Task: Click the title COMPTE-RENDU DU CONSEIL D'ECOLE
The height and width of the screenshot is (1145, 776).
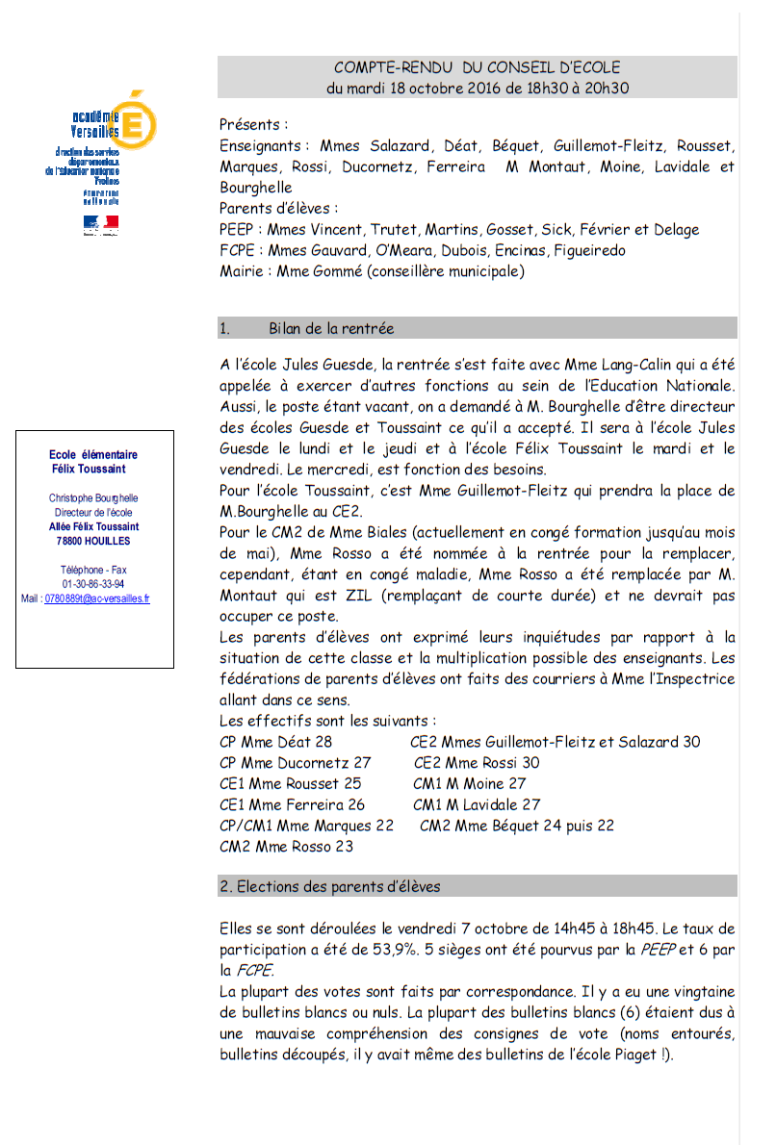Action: (x=477, y=67)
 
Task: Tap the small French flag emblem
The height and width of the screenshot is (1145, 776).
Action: (x=100, y=224)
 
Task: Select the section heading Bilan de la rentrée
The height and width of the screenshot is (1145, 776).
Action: (x=331, y=328)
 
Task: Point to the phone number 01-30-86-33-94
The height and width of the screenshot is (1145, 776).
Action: (x=93, y=584)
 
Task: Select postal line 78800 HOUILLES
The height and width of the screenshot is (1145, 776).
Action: (x=93, y=542)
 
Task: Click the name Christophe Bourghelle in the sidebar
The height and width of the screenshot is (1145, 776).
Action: (x=93, y=498)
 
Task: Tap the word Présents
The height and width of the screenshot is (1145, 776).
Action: (x=252, y=124)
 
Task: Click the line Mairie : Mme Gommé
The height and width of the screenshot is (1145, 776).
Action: (x=372, y=272)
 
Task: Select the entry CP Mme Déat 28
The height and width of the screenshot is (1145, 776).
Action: (x=275, y=742)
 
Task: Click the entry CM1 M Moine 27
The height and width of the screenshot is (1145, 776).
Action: (x=469, y=784)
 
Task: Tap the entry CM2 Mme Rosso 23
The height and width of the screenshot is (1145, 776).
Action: (x=286, y=847)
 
